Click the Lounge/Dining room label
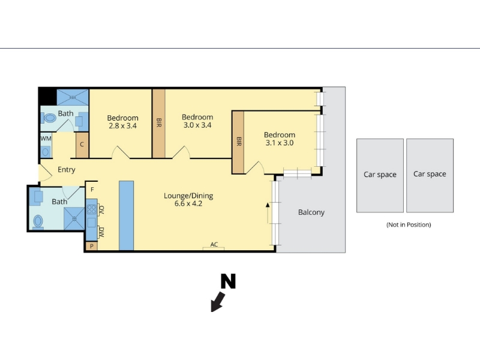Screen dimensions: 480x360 pyautogui.click(x=188, y=196)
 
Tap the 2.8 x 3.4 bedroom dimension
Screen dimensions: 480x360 pyautogui.click(x=123, y=126)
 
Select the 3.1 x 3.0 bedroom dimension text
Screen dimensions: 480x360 pyautogui.click(x=280, y=143)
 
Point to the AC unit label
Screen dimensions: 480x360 pyautogui.click(x=214, y=244)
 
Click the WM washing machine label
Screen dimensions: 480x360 pyautogui.click(x=46, y=139)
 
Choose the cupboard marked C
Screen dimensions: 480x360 pyautogui.click(x=82, y=145)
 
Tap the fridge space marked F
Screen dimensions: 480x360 pyautogui.click(x=92, y=190)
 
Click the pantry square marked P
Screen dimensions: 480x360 pyautogui.click(x=92, y=246)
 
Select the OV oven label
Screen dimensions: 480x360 pyautogui.click(x=101, y=209)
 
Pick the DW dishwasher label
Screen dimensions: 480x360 pyautogui.click(x=101, y=232)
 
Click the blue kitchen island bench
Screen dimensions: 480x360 pyautogui.click(x=126, y=215)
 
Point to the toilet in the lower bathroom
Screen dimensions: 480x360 pyautogui.click(x=38, y=221)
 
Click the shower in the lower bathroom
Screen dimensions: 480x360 pyautogui.click(x=74, y=218)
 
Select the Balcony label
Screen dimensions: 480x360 pyautogui.click(x=311, y=212)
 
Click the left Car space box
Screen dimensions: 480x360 pyautogui.click(x=380, y=175)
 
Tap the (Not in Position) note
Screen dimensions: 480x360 pyautogui.click(x=409, y=224)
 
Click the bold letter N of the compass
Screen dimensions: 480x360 pyautogui.click(x=229, y=281)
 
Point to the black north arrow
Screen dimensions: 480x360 pyautogui.click(x=218, y=302)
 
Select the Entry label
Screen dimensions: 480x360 pyautogui.click(x=67, y=170)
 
